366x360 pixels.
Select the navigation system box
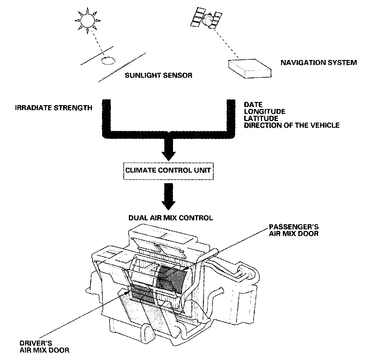[x=250, y=67]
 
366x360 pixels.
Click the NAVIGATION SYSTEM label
[x=318, y=63]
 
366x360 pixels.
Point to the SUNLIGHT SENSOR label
[x=159, y=75]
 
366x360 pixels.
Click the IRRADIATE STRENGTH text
[x=53, y=108]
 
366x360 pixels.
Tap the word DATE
[x=253, y=105]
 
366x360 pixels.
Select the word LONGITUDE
[x=264, y=112]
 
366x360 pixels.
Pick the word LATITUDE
[x=261, y=118]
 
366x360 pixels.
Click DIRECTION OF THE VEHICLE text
[x=292, y=125]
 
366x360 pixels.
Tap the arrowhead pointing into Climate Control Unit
[x=169, y=154]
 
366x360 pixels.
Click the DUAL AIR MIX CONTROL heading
[x=170, y=218]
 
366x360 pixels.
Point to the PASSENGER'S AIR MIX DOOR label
[x=294, y=230]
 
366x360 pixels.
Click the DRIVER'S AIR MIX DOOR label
[x=44, y=346]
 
